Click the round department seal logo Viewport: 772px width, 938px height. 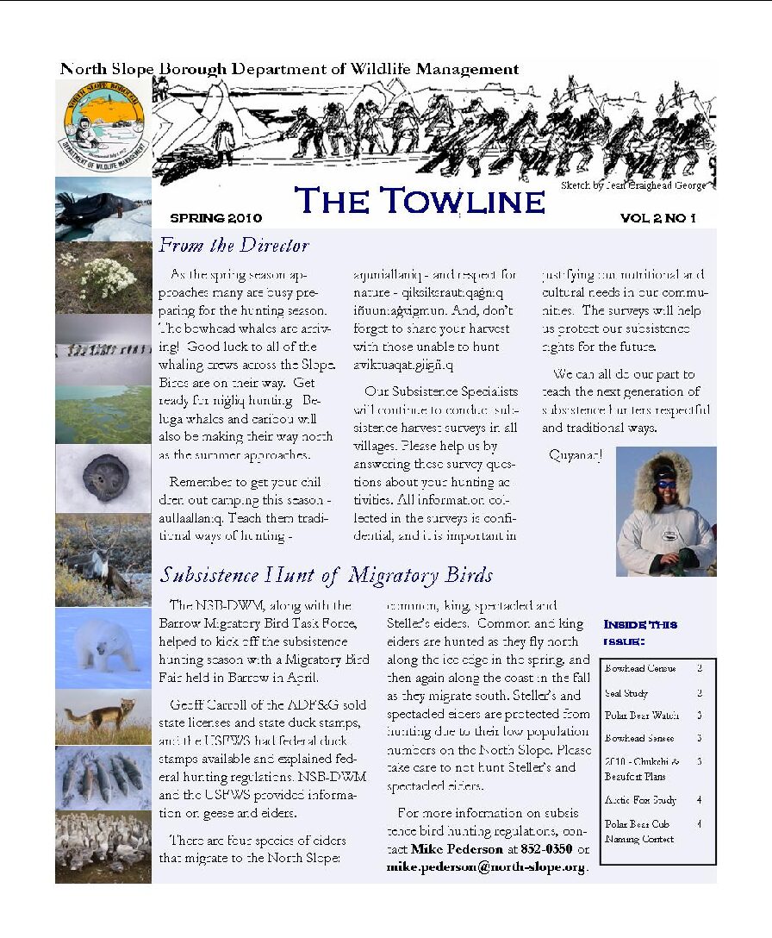click(x=103, y=127)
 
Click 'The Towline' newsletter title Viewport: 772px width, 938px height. click(x=420, y=202)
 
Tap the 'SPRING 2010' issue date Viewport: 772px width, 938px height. click(x=215, y=218)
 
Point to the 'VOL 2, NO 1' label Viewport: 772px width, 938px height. click(x=657, y=218)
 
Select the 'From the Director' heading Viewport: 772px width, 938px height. click(x=233, y=246)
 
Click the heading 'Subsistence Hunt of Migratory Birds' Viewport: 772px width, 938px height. click(x=327, y=574)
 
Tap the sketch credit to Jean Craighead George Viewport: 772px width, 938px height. click(x=633, y=185)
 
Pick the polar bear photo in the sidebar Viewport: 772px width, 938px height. click(x=103, y=647)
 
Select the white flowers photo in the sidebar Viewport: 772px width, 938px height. click(x=103, y=278)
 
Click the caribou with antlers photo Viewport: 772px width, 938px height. click(x=103, y=560)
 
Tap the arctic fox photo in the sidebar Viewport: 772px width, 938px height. click(x=103, y=716)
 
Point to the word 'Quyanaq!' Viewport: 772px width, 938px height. click(x=576, y=454)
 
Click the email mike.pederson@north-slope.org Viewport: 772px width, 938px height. click(x=486, y=867)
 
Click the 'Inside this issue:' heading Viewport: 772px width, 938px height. click(x=640, y=632)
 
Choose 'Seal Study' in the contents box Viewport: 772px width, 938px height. click(x=626, y=693)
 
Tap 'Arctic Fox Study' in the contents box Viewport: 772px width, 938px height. click(x=640, y=800)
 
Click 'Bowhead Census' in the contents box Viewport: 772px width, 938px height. click(x=640, y=668)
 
